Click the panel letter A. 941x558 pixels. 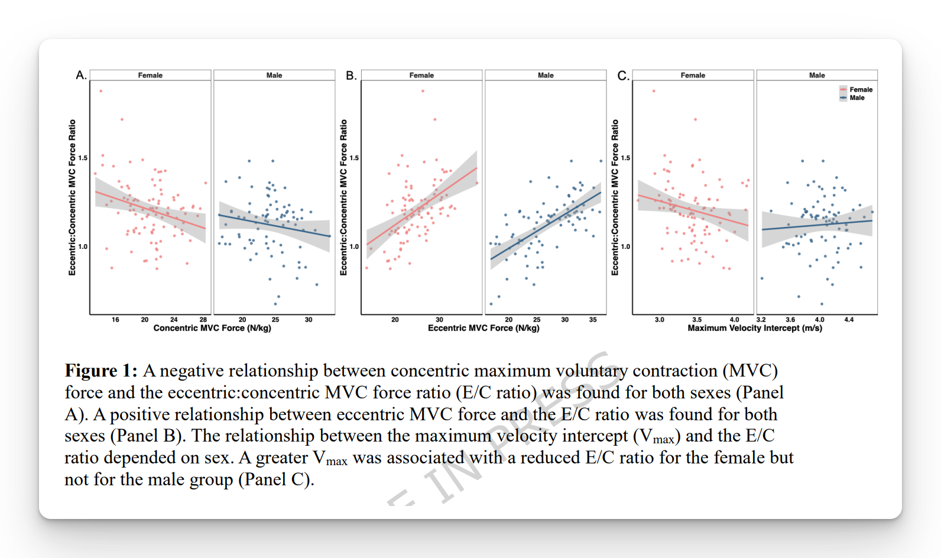click(80, 75)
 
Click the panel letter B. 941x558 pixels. click(351, 76)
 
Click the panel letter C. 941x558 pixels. click(623, 76)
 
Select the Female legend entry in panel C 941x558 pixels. click(861, 90)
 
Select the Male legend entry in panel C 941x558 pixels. click(856, 98)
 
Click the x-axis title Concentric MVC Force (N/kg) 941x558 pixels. click(212, 328)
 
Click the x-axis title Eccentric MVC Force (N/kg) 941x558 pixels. click(484, 328)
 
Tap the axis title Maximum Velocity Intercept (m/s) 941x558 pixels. click(755, 328)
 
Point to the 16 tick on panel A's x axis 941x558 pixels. click(115, 320)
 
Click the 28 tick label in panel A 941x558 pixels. click(203, 320)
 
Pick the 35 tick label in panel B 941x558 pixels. click(593, 320)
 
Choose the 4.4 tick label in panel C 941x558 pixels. click(849, 320)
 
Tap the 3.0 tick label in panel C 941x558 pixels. click(660, 320)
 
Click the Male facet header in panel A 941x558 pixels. click(274, 76)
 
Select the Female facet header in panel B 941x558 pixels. click(421, 76)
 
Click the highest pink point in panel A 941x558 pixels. click(101, 91)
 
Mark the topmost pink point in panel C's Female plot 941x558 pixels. click(654, 91)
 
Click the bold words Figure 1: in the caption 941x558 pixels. click(101, 371)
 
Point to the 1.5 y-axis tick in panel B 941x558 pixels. click(355, 158)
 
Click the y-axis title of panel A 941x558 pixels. click(72, 197)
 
